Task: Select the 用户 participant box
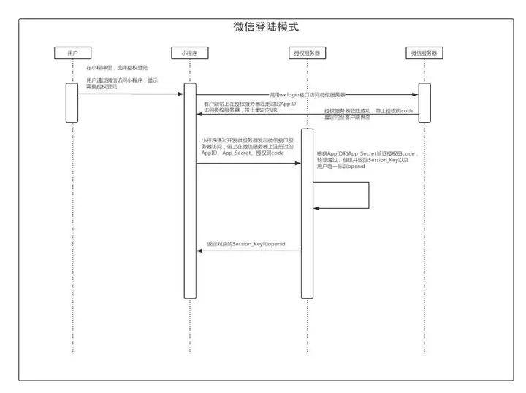[x=72, y=53]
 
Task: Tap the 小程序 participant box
[x=189, y=53]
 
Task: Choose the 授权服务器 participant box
[x=306, y=53]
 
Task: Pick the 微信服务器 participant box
[x=424, y=53]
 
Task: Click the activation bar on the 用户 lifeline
[x=72, y=102]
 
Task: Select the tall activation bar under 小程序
[x=190, y=190]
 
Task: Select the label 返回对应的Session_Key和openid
[x=245, y=241]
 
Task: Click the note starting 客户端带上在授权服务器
[x=250, y=107]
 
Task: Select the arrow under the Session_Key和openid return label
[x=248, y=251]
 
